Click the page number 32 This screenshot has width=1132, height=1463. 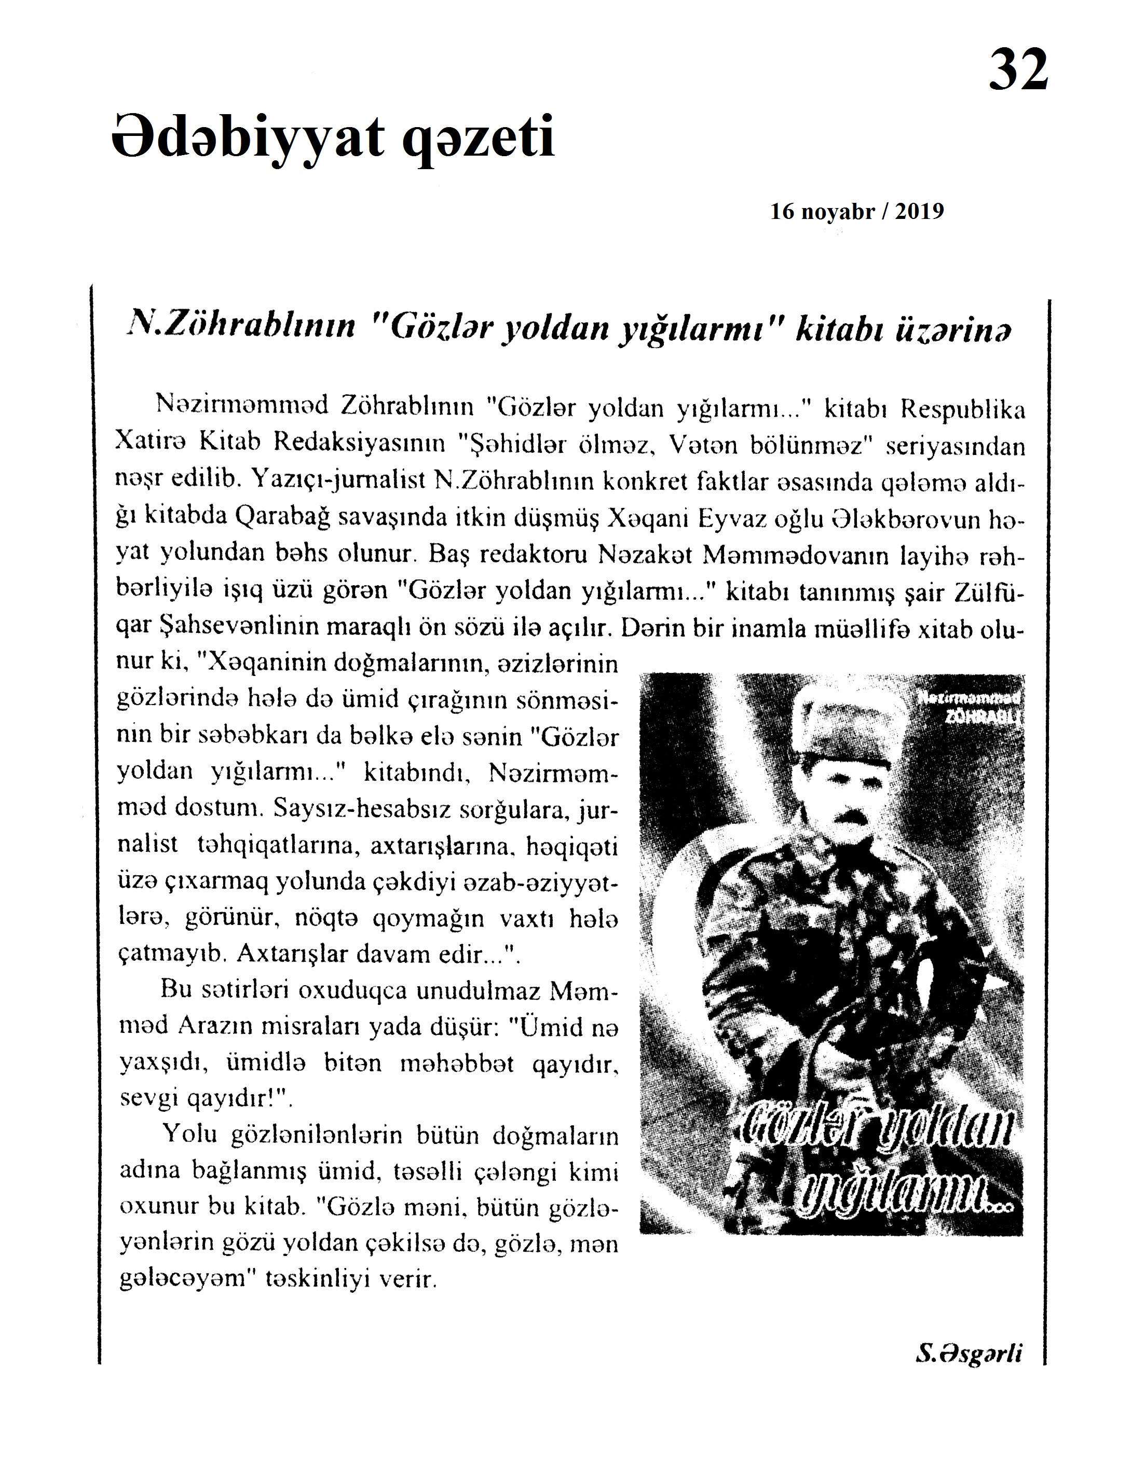[1017, 70]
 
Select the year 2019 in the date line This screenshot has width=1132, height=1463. [919, 212]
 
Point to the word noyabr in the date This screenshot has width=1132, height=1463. [838, 212]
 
